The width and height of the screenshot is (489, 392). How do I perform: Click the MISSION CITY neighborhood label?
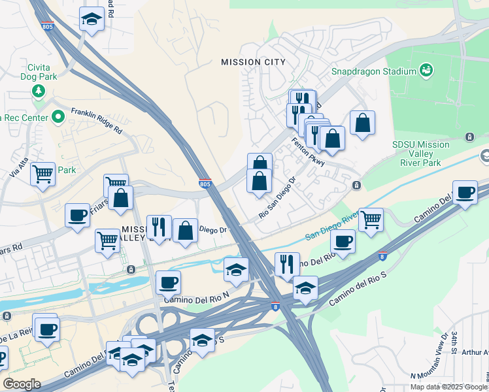coord(253,62)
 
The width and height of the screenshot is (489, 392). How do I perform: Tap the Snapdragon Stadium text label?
coord(374,71)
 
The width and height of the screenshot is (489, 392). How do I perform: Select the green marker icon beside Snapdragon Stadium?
coord(426,69)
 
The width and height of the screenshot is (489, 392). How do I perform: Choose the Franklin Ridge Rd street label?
coord(97,121)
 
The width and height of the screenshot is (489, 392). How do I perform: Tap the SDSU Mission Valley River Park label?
coord(421,154)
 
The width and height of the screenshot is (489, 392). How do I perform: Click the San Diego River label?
coord(332,226)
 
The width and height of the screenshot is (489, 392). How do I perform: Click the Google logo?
coord(22,384)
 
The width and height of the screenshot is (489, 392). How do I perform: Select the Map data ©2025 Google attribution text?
coord(448,387)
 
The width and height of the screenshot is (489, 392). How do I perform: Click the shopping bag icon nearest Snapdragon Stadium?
coord(362,122)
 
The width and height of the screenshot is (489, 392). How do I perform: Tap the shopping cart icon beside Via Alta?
coord(42,174)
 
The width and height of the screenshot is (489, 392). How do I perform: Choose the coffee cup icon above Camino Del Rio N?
coord(168,282)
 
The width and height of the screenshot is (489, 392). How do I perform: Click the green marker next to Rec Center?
coord(58,118)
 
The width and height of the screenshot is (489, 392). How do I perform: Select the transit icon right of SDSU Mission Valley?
coord(469,137)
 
